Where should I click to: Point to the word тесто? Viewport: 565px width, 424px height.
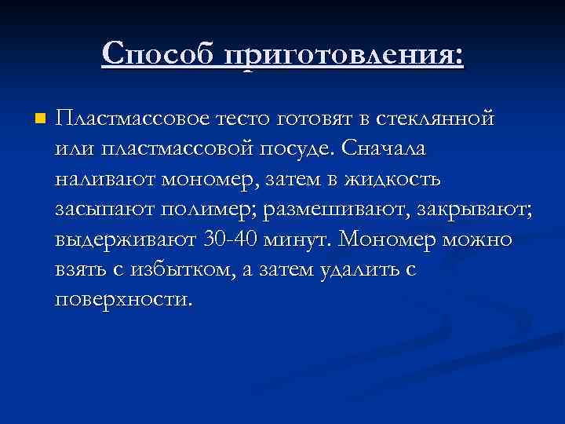(x=242, y=120)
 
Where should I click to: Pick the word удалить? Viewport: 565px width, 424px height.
(x=361, y=269)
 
